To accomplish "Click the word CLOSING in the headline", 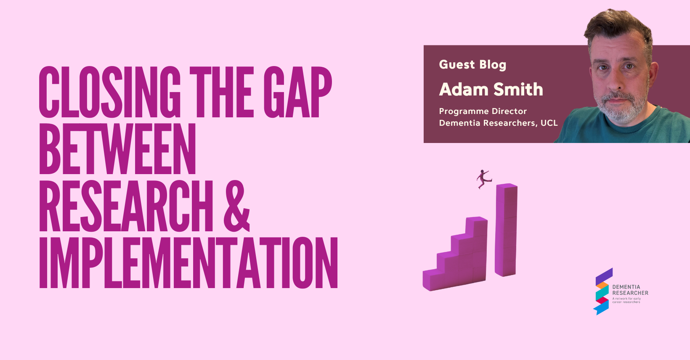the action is (110, 92).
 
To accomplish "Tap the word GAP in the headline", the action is (297, 92).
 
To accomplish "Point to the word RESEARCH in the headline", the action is (126, 206).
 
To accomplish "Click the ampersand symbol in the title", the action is (236, 206).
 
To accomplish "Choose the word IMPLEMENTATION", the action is (188, 263).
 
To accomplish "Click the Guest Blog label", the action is (472, 65).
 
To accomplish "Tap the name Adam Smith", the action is (491, 89).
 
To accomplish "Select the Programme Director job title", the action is (483, 111).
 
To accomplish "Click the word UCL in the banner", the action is (549, 123).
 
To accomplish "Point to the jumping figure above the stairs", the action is (484, 179).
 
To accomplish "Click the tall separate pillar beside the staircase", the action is (506, 230).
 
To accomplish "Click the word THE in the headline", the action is (222, 92).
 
